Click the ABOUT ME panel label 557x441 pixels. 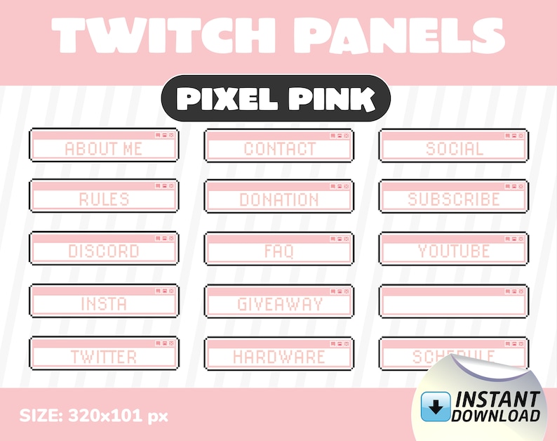pos(103,149)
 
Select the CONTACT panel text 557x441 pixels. pos(279,149)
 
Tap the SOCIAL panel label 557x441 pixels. pos(454,149)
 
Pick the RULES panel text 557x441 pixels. pos(104,199)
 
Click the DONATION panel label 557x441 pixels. pos(279,199)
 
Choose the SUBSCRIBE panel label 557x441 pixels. pos(454,199)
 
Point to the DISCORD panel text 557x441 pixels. pos(104,251)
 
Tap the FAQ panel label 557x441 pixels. pos(279,251)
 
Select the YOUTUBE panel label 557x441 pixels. pos(454,251)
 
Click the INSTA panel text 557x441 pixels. pos(104,303)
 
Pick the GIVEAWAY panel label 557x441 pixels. pos(279,304)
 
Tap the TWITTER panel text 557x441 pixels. pos(104,357)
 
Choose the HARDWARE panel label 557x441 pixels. pos(279,357)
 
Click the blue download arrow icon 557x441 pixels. pos(436,405)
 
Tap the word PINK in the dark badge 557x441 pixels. pos(333,100)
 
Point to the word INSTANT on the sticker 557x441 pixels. pos(498,399)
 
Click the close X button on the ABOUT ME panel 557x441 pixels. pos(171,134)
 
